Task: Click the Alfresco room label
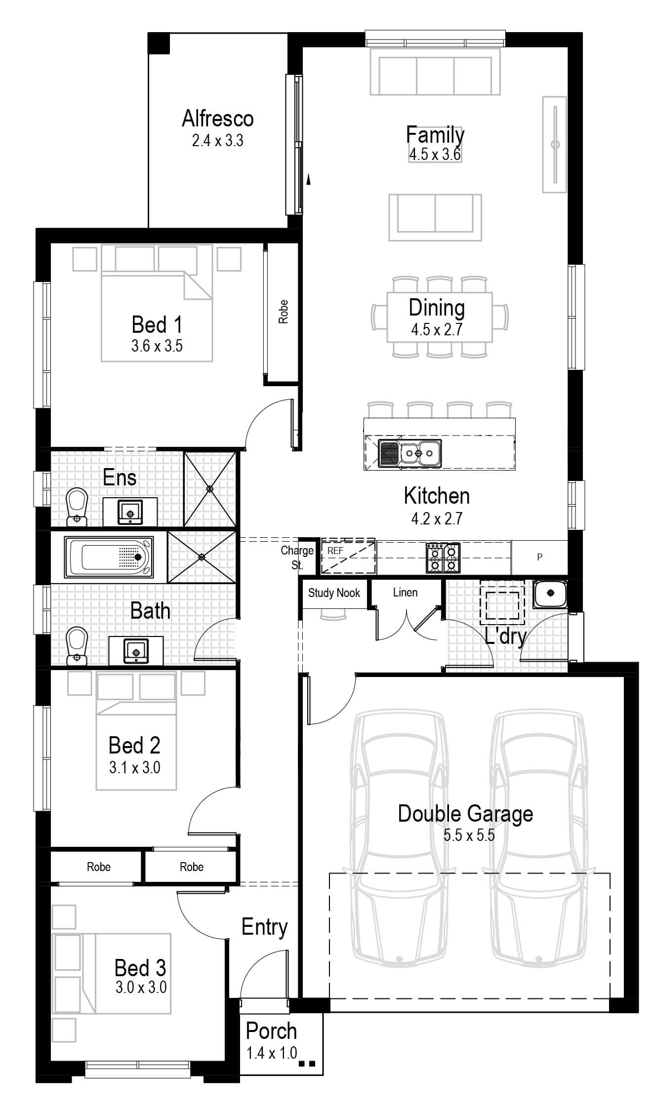pyautogui.click(x=218, y=119)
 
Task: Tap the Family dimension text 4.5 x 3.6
pyautogui.click(x=435, y=155)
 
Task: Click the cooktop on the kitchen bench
pyautogui.click(x=444, y=557)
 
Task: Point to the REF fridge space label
pyautogui.click(x=335, y=551)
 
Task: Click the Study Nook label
pyautogui.click(x=334, y=593)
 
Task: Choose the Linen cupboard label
pyautogui.click(x=405, y=593)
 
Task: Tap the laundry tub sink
pyautogui.click(x=550, y=594)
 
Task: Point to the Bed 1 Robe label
pyautogui.click(x=283, y=312)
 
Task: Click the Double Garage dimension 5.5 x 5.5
pyautogui.click(x=469, y=835)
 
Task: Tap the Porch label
pyautogui.click(x=271, y=1031)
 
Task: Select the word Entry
pyautogui.click(x=264, y=927)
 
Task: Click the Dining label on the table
pyautogui.click(x=437, y=308)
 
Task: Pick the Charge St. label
pyautogui.click(x=297, y=557)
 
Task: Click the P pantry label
pyautogui.click(x=539, y=557)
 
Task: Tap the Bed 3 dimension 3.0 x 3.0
pyautogui.click(x=141, y=988)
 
